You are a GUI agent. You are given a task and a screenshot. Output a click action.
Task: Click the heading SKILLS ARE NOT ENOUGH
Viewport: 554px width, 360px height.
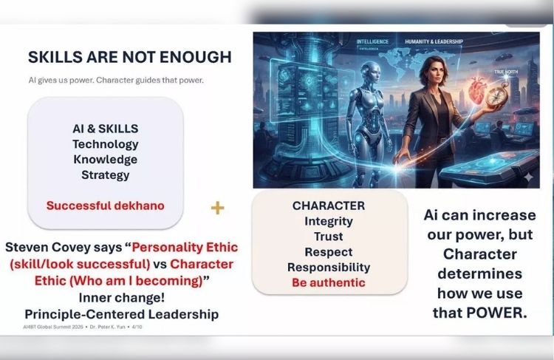(130, 57)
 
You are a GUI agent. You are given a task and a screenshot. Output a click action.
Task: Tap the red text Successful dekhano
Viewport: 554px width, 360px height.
(106, 206)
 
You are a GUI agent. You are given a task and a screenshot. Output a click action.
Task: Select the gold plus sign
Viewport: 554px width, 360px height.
(217, 208)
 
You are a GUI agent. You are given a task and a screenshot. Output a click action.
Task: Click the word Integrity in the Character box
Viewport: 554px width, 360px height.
(329, 221)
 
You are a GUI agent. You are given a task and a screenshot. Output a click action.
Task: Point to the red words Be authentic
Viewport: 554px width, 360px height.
(329, 282)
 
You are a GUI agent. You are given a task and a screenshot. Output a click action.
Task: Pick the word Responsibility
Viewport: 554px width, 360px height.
(329, 268)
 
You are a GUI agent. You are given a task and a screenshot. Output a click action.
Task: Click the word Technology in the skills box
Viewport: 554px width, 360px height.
(106, 144)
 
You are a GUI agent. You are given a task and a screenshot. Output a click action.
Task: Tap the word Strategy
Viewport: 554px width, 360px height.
(106, 175)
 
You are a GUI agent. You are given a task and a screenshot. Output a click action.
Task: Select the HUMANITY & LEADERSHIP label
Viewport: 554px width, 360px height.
(434, 41)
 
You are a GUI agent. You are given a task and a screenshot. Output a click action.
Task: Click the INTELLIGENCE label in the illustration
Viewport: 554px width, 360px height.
(372, 41)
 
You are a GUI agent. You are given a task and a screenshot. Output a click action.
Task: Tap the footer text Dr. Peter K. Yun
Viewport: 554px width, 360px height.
(107, 327)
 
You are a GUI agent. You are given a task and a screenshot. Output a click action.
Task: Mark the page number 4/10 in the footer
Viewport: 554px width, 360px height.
(137, 327)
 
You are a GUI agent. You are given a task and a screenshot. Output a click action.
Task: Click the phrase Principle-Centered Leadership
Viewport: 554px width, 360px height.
(122, 314)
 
